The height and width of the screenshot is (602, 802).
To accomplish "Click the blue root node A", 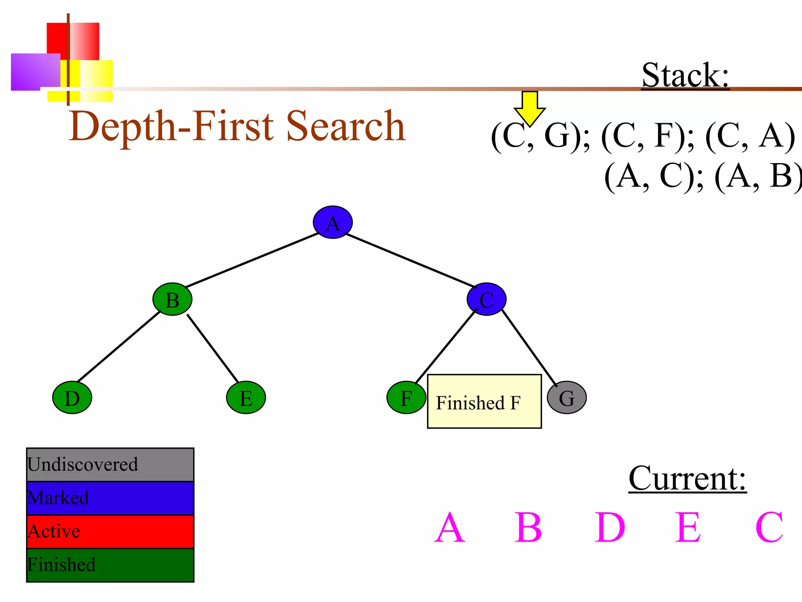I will coord(332,222).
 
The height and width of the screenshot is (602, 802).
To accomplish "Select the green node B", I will coord(172,299).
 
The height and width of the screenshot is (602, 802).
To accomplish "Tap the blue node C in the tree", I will coord(486,299).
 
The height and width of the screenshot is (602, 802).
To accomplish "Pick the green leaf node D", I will coord(72,397).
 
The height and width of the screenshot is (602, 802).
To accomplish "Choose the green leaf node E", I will coord(246,397).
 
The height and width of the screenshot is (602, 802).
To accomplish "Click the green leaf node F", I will coord(406,397).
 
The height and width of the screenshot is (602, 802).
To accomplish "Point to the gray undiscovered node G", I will coord(567,397).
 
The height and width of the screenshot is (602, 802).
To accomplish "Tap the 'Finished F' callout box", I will coord(484,401).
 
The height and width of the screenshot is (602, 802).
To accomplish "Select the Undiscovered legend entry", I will coord(110,465).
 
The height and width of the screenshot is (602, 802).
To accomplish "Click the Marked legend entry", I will coord(110,498).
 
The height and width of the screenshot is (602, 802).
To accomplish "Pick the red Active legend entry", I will coord(110,531).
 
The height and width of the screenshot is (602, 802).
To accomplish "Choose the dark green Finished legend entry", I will coord(110,565).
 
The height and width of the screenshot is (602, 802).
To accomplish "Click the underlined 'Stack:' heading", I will coord(685,75).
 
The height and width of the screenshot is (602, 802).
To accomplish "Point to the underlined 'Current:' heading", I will coord(687,479).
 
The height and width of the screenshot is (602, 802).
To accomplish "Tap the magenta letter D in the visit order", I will coord(610,528).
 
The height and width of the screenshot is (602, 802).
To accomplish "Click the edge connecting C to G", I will coord(529,347).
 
